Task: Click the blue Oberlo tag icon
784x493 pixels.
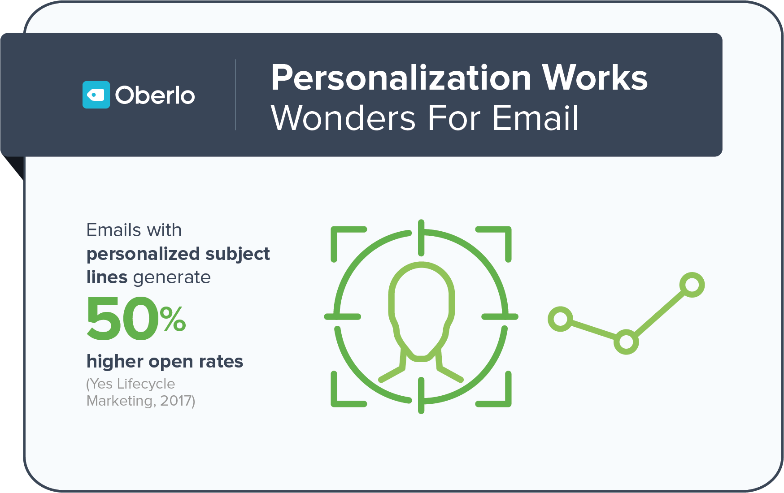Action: (x=96, y=95)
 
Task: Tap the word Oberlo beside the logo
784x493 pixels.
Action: (x=155, y=95)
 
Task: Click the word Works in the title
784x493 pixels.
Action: (x=595, y=78)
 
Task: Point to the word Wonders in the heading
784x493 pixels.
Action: (x=344, y=118)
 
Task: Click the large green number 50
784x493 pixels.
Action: (x=122, y=318)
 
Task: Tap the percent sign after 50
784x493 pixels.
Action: (x=173, y=319)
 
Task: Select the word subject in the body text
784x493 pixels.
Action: (x=237, y=255)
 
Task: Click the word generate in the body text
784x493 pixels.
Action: (x=172, y=278)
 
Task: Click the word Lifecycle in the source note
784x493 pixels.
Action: (x=146, y=384)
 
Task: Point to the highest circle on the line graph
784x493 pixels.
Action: (x=692, y=285)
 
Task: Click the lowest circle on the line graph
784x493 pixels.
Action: (x=626, y=342)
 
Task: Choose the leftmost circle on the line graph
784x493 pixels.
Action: (x=561, y=319)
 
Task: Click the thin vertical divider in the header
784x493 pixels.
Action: (x=235, y=95)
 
